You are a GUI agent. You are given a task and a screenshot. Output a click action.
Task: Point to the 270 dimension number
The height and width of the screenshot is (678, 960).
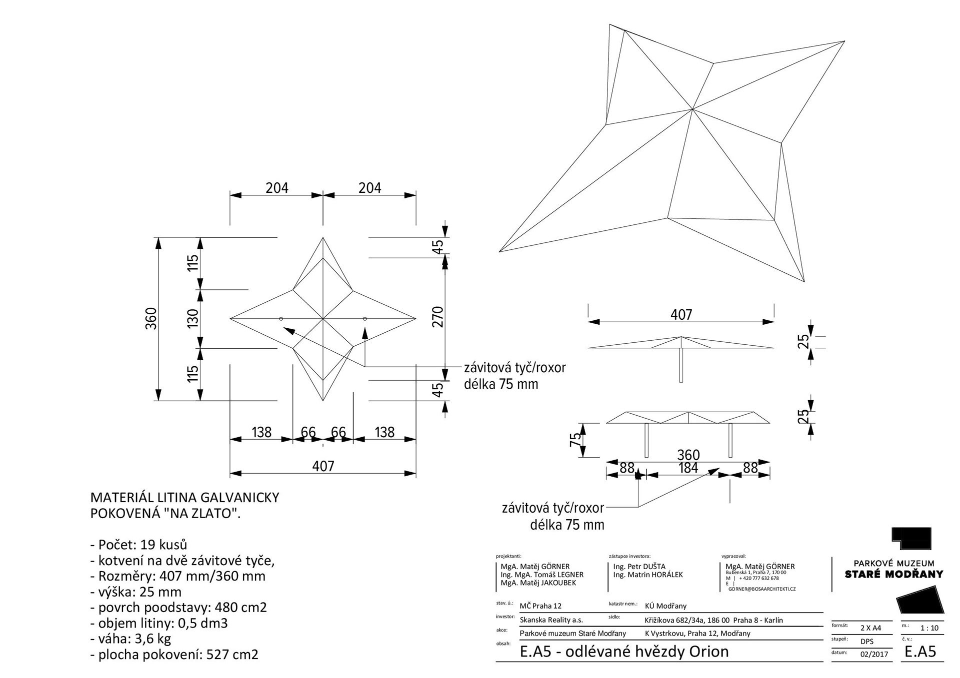click(438, 317)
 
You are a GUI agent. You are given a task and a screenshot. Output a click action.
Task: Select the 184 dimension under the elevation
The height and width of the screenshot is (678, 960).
click(688, 468)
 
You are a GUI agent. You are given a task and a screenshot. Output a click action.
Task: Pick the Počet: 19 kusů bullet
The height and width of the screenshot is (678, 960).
click(138, 545)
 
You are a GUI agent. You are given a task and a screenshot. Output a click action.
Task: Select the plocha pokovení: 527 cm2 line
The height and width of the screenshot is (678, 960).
click(174, 655)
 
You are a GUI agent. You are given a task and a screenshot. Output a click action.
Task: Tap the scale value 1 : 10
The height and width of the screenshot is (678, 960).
click(929, 628)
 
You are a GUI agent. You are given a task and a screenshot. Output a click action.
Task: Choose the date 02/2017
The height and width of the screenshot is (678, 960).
click(870, 654)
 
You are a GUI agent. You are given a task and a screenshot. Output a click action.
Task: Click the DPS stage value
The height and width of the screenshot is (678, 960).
click(867, 642)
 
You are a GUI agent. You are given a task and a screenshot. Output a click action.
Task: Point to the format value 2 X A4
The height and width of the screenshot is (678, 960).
click(870, 628)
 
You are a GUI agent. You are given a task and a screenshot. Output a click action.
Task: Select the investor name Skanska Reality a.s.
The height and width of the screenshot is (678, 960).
click(551, 620)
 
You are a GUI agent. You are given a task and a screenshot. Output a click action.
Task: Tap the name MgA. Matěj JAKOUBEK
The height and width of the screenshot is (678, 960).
click(538, 583)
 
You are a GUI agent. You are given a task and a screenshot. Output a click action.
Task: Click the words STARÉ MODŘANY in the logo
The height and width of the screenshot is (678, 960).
click(893, 574)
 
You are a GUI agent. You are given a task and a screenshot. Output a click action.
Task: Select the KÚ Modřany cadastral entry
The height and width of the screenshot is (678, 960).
click(665, 606)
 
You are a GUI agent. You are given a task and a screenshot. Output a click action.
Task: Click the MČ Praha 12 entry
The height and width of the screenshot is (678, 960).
click(540, 606)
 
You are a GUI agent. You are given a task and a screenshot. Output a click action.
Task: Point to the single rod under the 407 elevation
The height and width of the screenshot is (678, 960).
click(681, 365)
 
